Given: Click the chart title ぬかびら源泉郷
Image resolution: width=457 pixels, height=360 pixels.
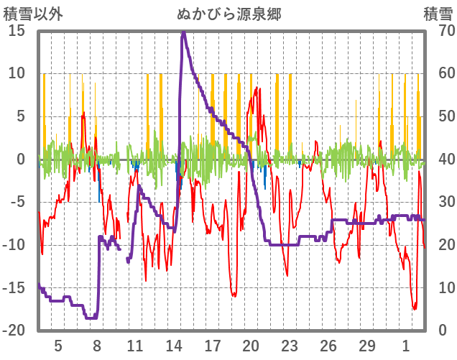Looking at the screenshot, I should tap(228, 13).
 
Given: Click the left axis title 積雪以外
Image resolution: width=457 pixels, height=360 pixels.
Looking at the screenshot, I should tap(28, 13).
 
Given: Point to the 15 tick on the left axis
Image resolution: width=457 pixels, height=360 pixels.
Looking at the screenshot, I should tap(17, 31).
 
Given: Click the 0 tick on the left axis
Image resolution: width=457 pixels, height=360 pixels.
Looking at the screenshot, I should tap(21, 160).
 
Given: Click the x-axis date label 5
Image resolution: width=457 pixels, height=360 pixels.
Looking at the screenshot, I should tap(58, 346).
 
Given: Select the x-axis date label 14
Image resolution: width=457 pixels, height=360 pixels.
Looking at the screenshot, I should tap(173, 346).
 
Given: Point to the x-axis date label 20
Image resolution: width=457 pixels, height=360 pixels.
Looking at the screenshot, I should tap(251, 346).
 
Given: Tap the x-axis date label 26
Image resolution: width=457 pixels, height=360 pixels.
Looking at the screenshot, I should tap(328, 346).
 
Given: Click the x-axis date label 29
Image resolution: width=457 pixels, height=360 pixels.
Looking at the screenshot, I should tap(367, 346).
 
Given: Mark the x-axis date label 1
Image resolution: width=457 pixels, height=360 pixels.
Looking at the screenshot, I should tap(406, 346).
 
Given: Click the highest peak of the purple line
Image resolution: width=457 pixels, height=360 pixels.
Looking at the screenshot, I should tap(183, 32).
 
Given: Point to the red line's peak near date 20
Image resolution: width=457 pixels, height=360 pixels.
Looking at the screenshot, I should tap(257, 88).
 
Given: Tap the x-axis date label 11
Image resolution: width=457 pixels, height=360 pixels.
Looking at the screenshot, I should tap(135, 346).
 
